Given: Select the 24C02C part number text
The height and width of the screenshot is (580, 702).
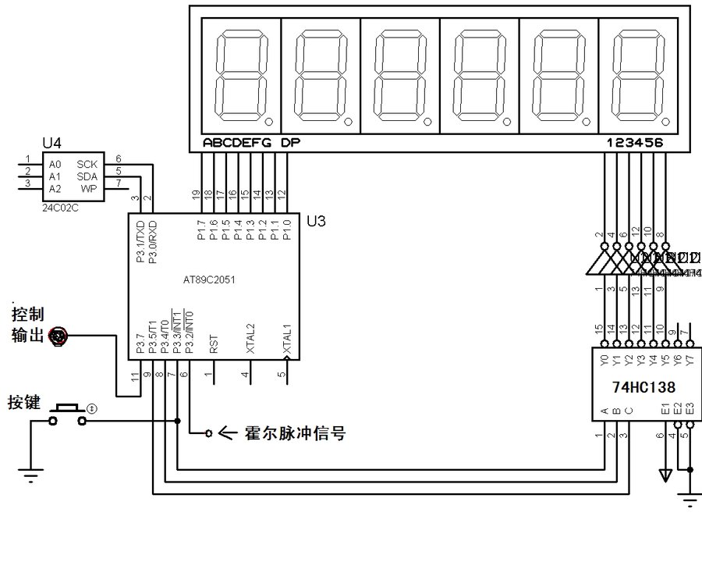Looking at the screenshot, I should tap(62, 209).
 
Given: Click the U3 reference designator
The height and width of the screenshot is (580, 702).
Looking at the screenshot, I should tap(316, 222).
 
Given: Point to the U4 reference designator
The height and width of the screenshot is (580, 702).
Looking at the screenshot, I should tap(51, 145).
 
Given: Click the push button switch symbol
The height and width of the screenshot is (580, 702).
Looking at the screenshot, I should tap(67, 415).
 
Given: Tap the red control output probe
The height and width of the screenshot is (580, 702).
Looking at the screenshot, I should tap(59, 336).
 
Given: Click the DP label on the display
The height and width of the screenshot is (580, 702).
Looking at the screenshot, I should tap(289, 143).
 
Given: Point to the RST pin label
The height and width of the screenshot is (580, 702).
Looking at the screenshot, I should tap(214, 345).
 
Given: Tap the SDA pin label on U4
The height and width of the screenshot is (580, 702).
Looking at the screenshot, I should tap(86, 176).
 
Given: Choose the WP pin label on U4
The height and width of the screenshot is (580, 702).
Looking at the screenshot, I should tap(89, 188).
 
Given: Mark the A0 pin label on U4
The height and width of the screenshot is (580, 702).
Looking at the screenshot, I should tap(55, 165).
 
